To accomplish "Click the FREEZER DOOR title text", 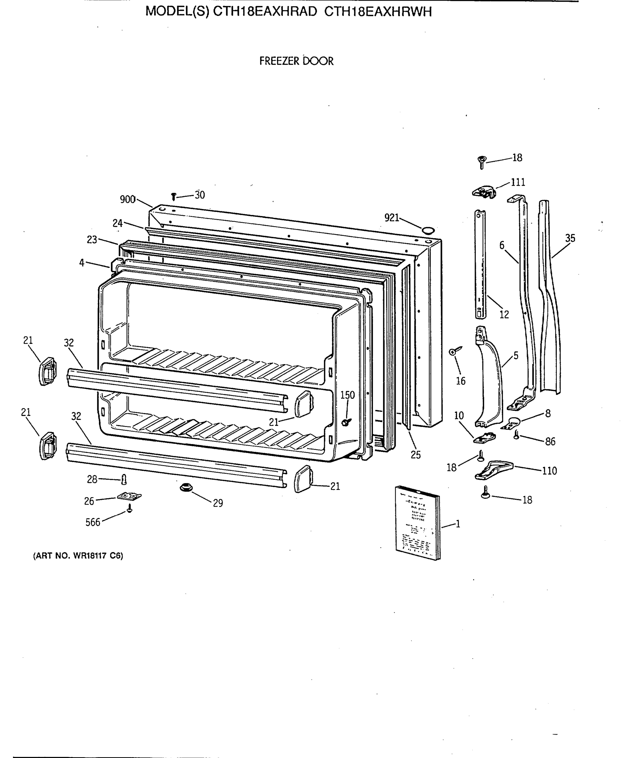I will (296, 61).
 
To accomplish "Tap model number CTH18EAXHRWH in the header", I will (378, 12).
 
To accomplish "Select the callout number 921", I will (392, 217).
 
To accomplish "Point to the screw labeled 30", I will (173, 196).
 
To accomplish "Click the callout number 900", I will (127, 199).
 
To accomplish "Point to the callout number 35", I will (570, 238).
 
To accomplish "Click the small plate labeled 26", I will (129, 496).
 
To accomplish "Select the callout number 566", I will (93, 522).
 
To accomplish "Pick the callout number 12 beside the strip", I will (504, 315).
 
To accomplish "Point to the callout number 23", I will (92, 240).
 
